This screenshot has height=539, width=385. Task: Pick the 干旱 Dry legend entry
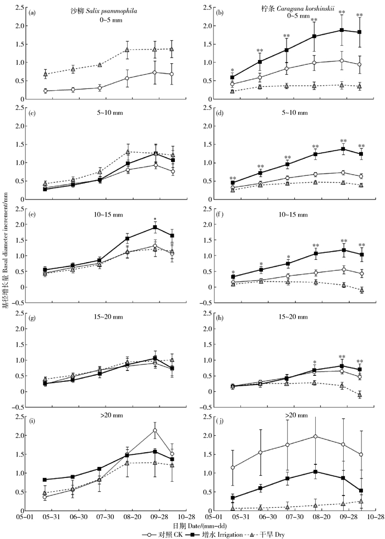coord(245,532)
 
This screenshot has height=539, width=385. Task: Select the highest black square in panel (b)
coord(342,30)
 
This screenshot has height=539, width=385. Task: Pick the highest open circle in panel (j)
coord(315,436)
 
